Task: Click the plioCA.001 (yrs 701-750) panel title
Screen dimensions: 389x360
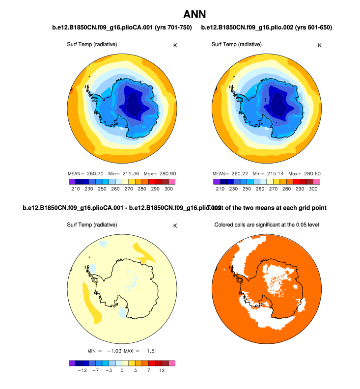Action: pyautogui.click(x=122, y=28)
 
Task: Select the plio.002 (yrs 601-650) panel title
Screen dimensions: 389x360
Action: pyautogui.click(x=267, y=28)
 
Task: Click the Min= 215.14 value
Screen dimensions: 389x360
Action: pyautogui.click(x=267, y=174)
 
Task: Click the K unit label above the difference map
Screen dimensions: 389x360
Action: pyautogui.click(x=175, y=225)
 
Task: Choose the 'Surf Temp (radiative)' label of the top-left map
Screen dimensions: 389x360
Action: pyautogui.click(x=92, y=45)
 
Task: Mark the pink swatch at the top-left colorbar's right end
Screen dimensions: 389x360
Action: pyautogui.click(x=171, y=182)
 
